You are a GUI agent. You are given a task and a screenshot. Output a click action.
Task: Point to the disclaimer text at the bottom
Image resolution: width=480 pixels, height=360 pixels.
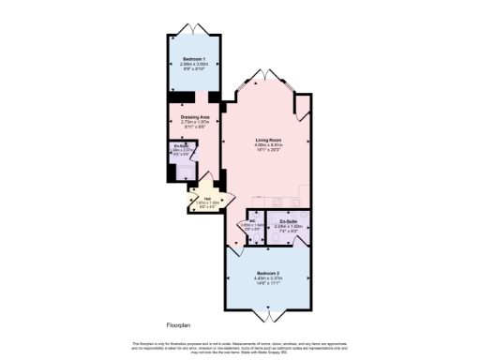point(240,348)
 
